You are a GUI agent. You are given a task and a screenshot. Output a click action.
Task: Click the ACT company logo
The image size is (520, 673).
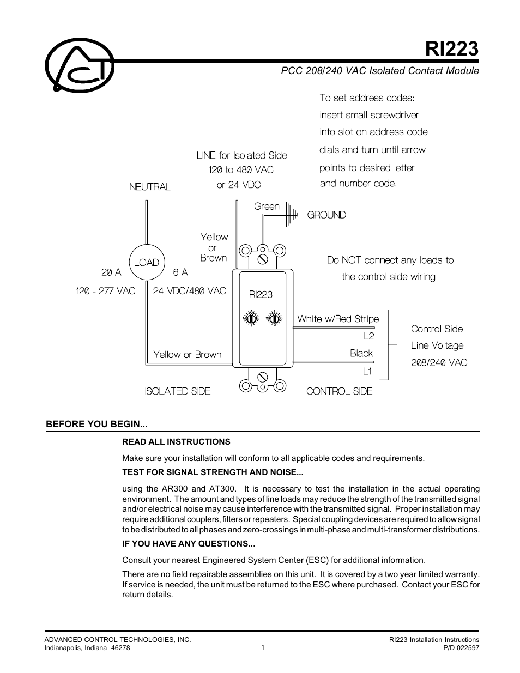click(80, 65)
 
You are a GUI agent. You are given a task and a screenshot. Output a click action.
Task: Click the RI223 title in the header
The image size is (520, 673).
click(452, 49)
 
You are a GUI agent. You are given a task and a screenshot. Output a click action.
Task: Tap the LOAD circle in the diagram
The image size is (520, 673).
click(147, 262)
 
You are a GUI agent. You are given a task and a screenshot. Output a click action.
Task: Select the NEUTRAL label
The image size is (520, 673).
click(150, 187)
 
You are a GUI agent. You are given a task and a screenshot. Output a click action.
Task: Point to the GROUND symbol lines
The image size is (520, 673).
click(292, 214)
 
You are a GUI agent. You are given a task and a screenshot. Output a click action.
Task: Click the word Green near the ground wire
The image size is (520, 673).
click(267, 207)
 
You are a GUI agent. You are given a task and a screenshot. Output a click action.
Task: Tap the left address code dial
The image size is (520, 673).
click(251, 318)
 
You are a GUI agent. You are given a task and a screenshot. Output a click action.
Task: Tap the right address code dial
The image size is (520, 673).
click(274, 318)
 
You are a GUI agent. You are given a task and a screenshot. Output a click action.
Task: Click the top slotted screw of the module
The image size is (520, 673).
click(263, 259)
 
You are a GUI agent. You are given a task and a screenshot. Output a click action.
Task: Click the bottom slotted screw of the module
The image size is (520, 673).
click(263, 377)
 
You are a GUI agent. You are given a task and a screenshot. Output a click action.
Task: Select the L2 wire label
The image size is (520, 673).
click(369, 336)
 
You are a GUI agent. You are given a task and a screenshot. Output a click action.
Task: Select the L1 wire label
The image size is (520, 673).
click(367, 371)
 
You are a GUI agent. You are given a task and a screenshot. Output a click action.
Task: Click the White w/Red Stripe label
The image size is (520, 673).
click(338, 319)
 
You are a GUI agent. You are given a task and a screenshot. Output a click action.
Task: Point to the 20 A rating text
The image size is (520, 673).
click(112, 272)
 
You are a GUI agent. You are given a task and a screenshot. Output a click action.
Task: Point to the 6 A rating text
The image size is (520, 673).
click(180, 272)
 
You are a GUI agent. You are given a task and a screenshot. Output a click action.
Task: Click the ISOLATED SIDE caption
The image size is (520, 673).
click(178, 391)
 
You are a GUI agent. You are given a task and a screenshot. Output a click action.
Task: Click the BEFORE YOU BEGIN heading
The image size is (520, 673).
click(96, 424)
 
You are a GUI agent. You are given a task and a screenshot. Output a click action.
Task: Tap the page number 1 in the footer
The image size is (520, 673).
click(263, 647)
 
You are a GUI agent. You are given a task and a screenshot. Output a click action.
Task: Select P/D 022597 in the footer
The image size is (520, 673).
click(461, 647)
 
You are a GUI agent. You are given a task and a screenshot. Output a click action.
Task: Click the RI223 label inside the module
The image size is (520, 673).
click(261, 294)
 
